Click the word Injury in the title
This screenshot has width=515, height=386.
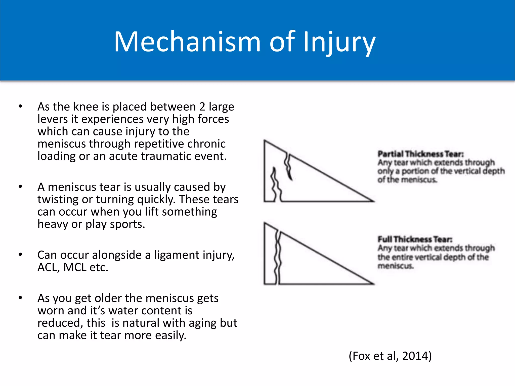point(339,42)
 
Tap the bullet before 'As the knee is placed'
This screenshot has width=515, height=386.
point(20,106)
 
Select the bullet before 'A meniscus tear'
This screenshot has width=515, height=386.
point(20,187)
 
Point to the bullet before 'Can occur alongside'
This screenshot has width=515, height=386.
point(20,255)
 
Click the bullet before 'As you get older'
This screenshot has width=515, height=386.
point(20,298)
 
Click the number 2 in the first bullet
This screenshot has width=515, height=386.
point(202,107)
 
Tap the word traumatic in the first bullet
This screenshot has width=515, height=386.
point(165,156)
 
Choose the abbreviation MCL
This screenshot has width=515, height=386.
point(75,267)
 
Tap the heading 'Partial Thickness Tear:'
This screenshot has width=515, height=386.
point(420,154)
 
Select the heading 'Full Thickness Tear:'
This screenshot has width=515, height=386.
point(415,239)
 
